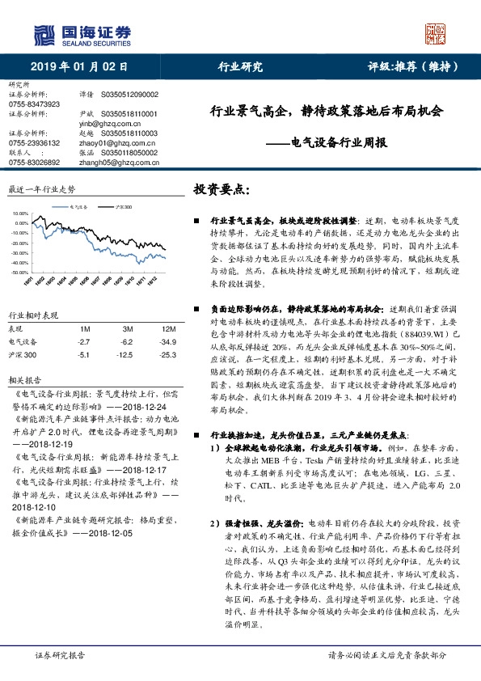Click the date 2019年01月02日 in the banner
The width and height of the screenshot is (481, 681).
pos(78,67)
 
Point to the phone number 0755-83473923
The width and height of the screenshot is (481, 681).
pos(34,105)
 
